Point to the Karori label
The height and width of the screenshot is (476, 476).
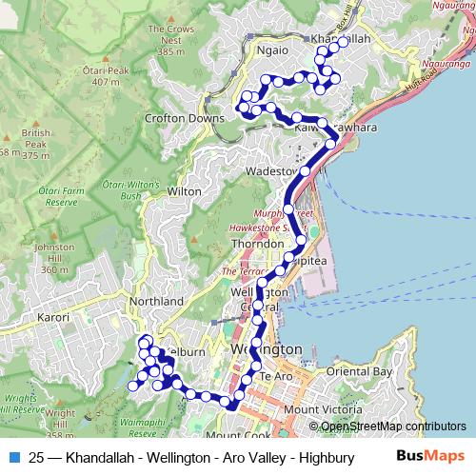click(54, 316)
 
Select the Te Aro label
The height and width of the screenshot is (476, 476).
click(274, 379)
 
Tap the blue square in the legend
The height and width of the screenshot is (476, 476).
click(11, 456)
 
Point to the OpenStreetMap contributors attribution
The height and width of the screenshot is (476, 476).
click(393, 427)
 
